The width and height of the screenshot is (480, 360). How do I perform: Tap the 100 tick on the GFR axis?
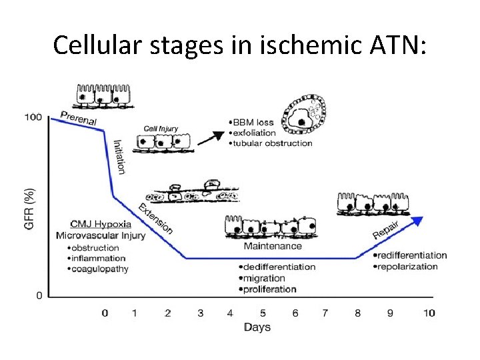tap(33, 117)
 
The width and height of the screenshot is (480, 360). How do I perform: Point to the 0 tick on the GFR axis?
tap(39, 295)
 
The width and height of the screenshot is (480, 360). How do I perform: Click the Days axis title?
tap(257, 327)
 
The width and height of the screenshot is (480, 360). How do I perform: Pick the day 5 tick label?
tap(263, 312)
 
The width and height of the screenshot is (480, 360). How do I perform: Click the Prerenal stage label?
tap(79, 118)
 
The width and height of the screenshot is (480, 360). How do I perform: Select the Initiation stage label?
tap(119, 156)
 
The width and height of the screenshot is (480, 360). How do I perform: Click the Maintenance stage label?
tap(273, 246)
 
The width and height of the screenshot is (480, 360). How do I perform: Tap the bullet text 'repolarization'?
tap(409, 266)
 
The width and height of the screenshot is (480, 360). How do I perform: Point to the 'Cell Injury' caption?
tap(161, 128)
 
